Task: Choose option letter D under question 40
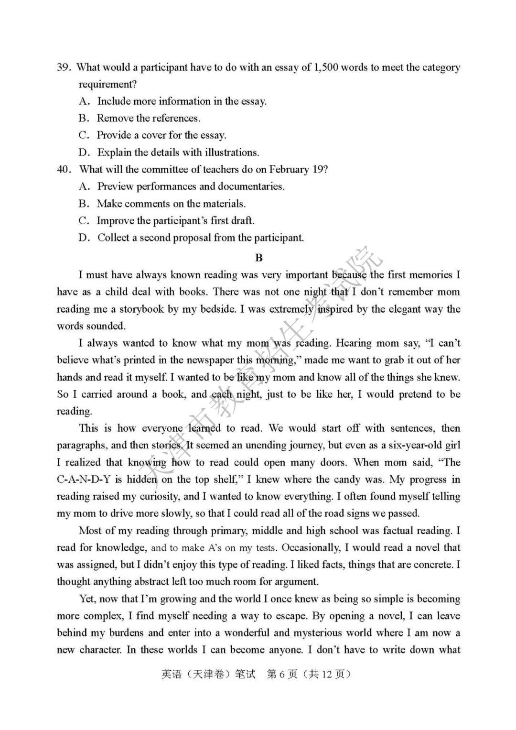(x=84, y=238)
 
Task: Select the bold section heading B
(x=259, y=258)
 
